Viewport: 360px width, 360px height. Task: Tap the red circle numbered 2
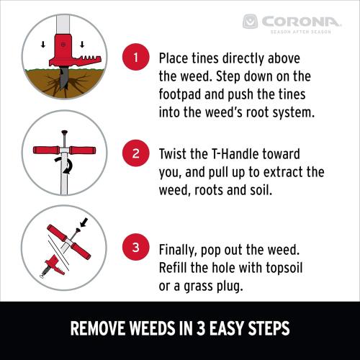[135, 153]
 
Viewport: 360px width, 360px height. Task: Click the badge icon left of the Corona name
[251, 22]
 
